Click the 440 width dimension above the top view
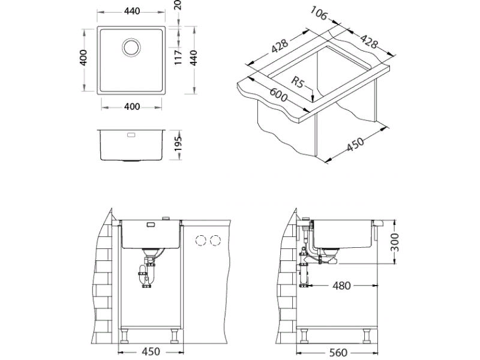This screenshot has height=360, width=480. [132, 11]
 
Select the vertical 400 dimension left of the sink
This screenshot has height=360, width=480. [83, 58]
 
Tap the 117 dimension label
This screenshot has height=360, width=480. [178, 58]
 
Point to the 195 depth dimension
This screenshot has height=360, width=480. [178, 144]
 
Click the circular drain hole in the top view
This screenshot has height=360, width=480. [131, 47]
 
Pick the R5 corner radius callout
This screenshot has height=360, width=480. [297, 82]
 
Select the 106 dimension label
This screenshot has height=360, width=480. [319, 13]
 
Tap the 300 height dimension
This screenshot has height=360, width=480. [395, 242]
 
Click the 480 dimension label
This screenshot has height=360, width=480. [341, 286]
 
